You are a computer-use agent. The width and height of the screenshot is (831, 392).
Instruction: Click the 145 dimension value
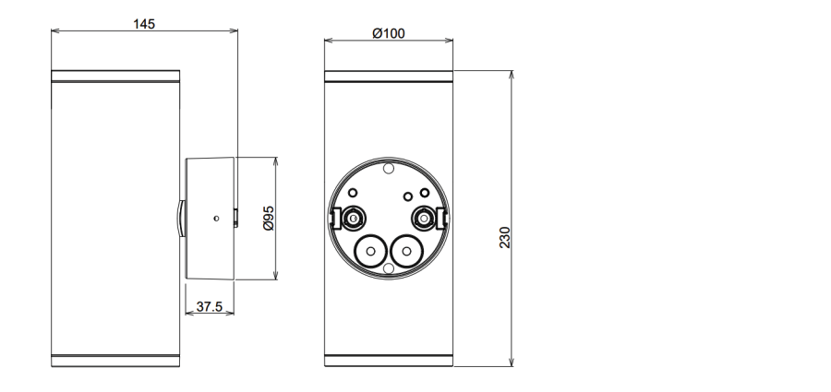144,24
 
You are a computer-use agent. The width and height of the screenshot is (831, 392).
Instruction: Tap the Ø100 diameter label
389,33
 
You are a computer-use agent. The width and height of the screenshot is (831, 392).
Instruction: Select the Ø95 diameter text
269,219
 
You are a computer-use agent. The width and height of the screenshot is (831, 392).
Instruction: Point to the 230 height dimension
504,237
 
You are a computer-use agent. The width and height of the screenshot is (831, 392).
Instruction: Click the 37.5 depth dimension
210,307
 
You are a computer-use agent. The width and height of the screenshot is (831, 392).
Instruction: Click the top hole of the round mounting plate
389,169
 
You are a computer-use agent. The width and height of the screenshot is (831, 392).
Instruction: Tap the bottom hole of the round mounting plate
389,268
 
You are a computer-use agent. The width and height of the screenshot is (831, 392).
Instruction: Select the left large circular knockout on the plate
370,251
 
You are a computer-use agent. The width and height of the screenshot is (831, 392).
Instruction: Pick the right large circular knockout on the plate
406,251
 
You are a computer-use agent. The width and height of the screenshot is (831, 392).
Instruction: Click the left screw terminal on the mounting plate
353,218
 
